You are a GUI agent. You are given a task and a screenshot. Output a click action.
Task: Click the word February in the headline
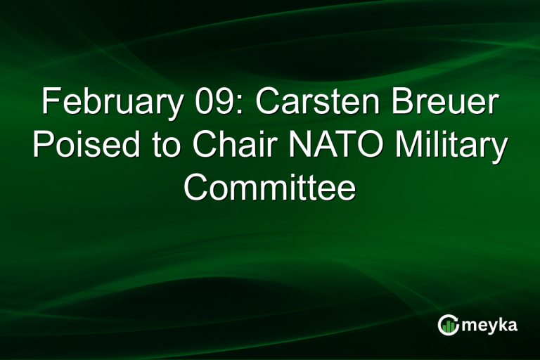111,103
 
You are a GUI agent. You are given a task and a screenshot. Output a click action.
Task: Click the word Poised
82,146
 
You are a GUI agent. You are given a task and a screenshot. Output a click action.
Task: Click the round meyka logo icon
448,325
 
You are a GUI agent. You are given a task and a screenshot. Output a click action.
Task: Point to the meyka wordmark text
489,326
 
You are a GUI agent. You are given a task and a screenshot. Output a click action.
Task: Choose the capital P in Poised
43,146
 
